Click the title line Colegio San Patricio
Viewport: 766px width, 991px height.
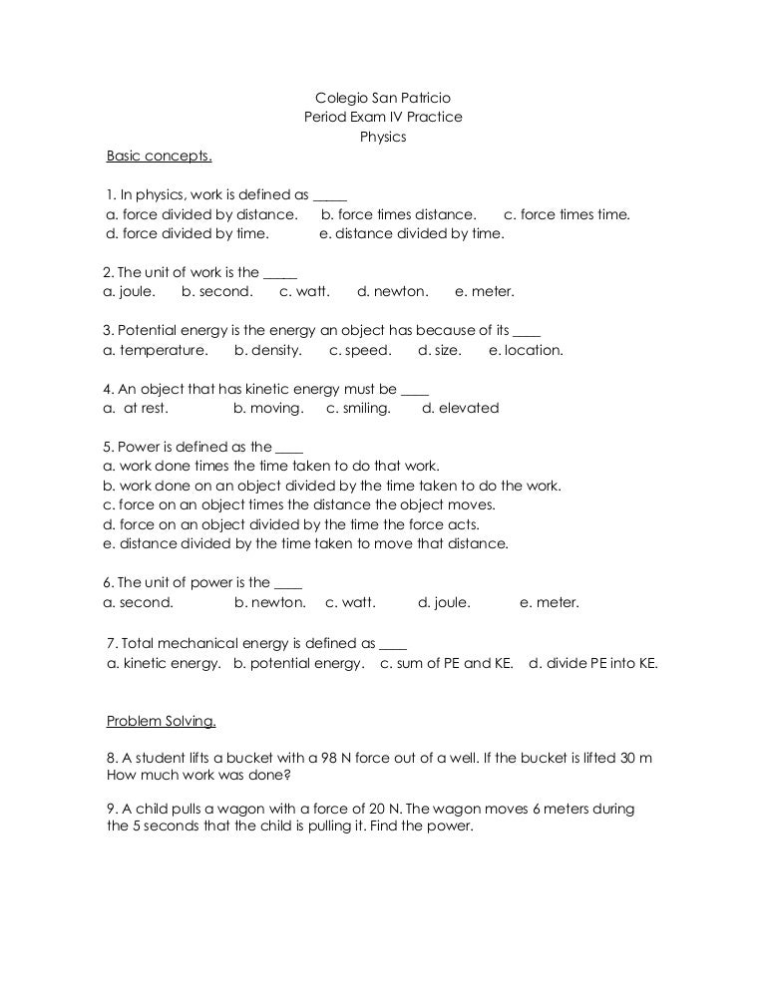tap(383, 98)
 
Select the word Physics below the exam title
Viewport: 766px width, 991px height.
tap(383, 137)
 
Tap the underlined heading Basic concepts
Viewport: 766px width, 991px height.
tap(160, 157)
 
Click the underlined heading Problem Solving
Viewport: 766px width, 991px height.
tap(162, 721)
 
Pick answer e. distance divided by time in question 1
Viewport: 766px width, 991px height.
tap(412, 234)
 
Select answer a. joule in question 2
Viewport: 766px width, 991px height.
tap(130, 292)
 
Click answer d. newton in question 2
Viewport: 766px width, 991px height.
tap(393, 292)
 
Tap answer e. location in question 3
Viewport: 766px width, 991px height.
tap(526, 350)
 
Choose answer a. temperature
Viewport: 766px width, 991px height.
tap(156, 350)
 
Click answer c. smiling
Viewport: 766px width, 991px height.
tap(359, 408)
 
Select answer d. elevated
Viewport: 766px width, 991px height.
tap(461, 408)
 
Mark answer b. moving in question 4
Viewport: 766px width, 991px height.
tap(268, 408)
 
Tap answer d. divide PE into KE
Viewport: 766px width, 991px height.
tap(593, 663)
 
